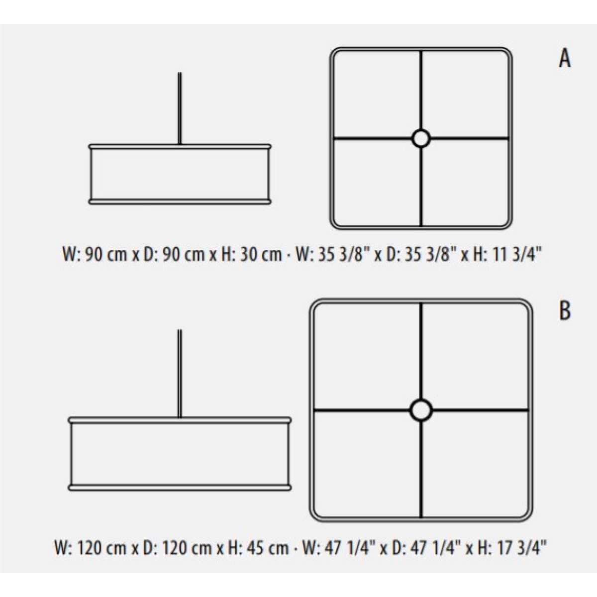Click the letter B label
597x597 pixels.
pyautogui.click(x=565, y=311)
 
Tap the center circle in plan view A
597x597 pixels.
pyautogui.click(x=421, y=138)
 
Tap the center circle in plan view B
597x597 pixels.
pyautogui.click(x=421, y=410)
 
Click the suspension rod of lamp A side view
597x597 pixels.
pyautogui.click(x=180, y=108)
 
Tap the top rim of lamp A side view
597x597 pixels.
pyautogui.click(x=180, y=147)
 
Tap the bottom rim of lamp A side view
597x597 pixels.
pyautogui.click(x=180, y=201)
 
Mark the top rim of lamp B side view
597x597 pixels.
pyautogui.click(x=180, y=420)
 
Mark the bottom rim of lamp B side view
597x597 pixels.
pyautogui.click(x=180, y=488)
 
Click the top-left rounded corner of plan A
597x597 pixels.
pyautogui.click(x=335, y=53)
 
